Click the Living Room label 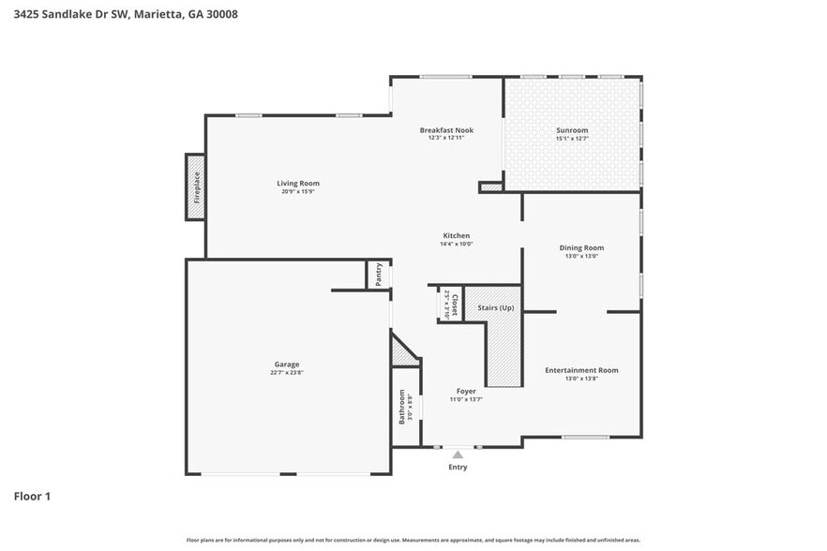(x=298, y=183)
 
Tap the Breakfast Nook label (x=446, y=130)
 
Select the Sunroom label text (x=572, y=130)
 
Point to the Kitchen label (x=457, y=235)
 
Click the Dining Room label (x=581, y=247)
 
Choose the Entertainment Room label (x=581, y=370)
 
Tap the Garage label (x=287, y=365)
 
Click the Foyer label (x=466, y=391)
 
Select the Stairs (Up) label (x=496, y=307)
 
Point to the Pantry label (x=379, y=275)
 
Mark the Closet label (x=455, y=305)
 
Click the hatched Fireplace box (x=196, y=187)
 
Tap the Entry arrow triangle (x=458, y=454)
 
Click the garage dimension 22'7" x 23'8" (x=287, y=373)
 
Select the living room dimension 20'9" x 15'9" (x=298, y=191)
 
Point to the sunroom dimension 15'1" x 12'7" (x=572, y=139)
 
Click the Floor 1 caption (x=32, y=496)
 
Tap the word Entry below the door (x=458, y=467)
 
